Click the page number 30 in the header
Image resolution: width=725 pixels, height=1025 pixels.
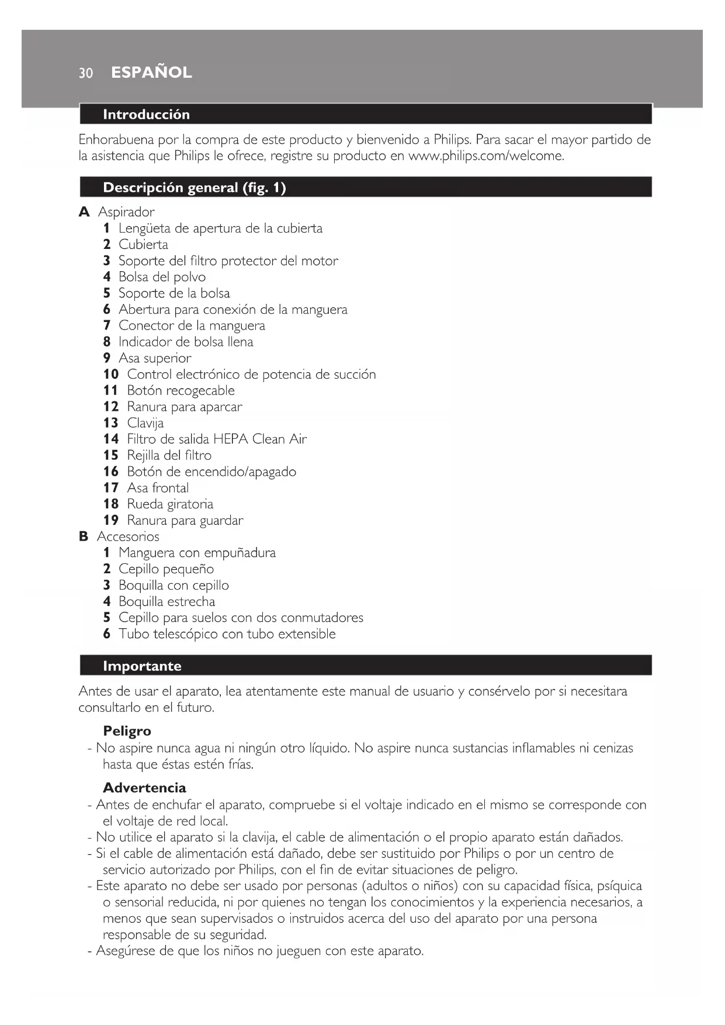[x=86, y=73]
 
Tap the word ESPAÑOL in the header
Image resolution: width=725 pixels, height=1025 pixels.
[x=151, y=72]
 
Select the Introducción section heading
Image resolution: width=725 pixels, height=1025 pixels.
[x=146, y=115]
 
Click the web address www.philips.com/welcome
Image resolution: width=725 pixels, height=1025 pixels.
[x=485, y=156]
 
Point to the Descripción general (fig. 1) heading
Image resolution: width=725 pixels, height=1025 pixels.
[x=194, y=188]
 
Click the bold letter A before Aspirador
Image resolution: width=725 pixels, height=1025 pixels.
[x=84, y=212]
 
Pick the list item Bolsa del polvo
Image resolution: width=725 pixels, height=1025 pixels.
[x=162, y=277]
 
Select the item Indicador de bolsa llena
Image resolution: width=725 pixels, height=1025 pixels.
[x=186, y=342]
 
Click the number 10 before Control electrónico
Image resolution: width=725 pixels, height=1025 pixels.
[x=111, y=375]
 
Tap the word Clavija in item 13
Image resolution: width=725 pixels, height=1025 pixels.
[x=145, y=423]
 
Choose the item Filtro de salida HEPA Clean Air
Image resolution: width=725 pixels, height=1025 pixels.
[x=217, y=439]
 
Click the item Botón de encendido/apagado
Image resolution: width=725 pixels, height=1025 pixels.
[x=211, y=472]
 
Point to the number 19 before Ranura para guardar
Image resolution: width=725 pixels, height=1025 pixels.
[x=111, y=520]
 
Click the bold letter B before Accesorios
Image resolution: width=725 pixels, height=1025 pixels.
[x=84, y=536]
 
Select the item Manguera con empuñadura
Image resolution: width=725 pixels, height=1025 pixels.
[x=197, y=553]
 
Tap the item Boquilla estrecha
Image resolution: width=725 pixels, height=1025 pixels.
[x=166, y=601]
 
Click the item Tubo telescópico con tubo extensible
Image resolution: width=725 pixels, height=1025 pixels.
[x=227, y=634]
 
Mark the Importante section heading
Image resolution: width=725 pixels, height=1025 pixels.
[x=142, y=666]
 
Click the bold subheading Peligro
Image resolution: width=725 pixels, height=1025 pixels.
[x=127, y=731]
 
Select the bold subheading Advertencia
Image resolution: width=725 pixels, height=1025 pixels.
[x=144, y=788]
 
